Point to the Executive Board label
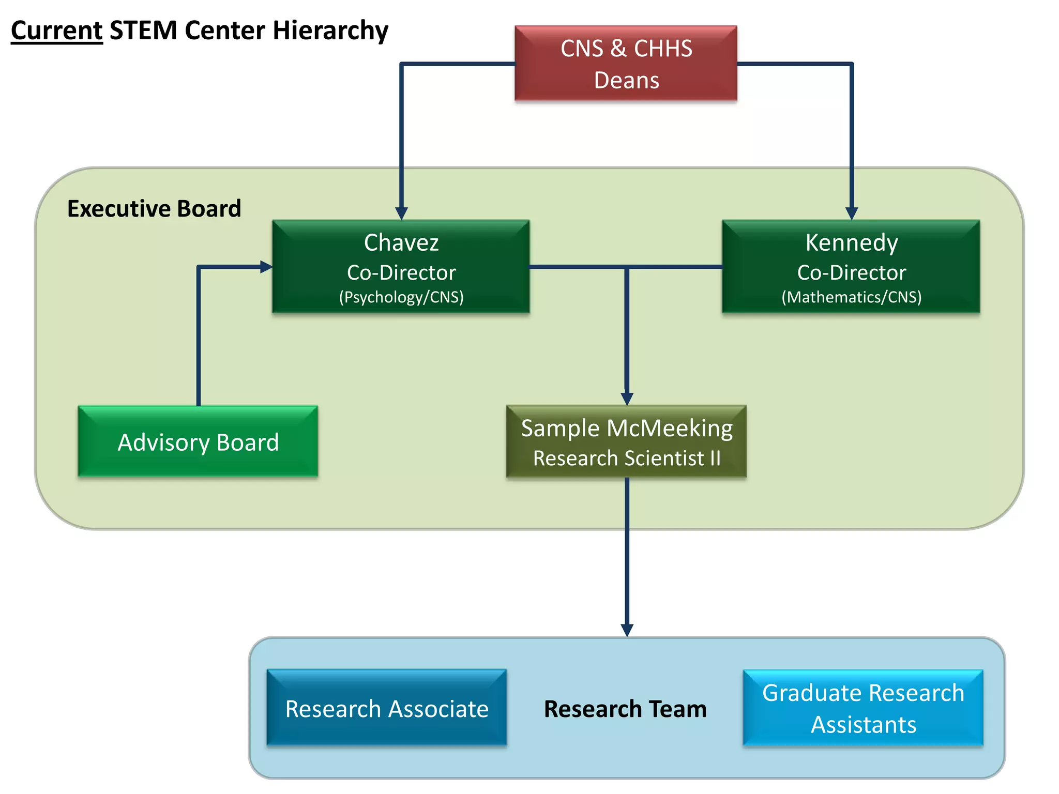(154, 209)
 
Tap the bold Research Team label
(625, 709)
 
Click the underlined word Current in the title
(57, 30)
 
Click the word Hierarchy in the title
(331, 30)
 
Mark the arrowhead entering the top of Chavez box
(402, 213)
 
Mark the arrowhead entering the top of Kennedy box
(852, 213)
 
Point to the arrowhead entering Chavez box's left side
(266, 267)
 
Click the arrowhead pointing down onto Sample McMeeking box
(627, 399)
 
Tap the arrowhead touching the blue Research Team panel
(627, 630)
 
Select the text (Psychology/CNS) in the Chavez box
(401, 297)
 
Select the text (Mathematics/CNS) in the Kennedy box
(851, 297)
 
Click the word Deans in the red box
(627, 81)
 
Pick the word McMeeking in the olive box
(670, 429)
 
